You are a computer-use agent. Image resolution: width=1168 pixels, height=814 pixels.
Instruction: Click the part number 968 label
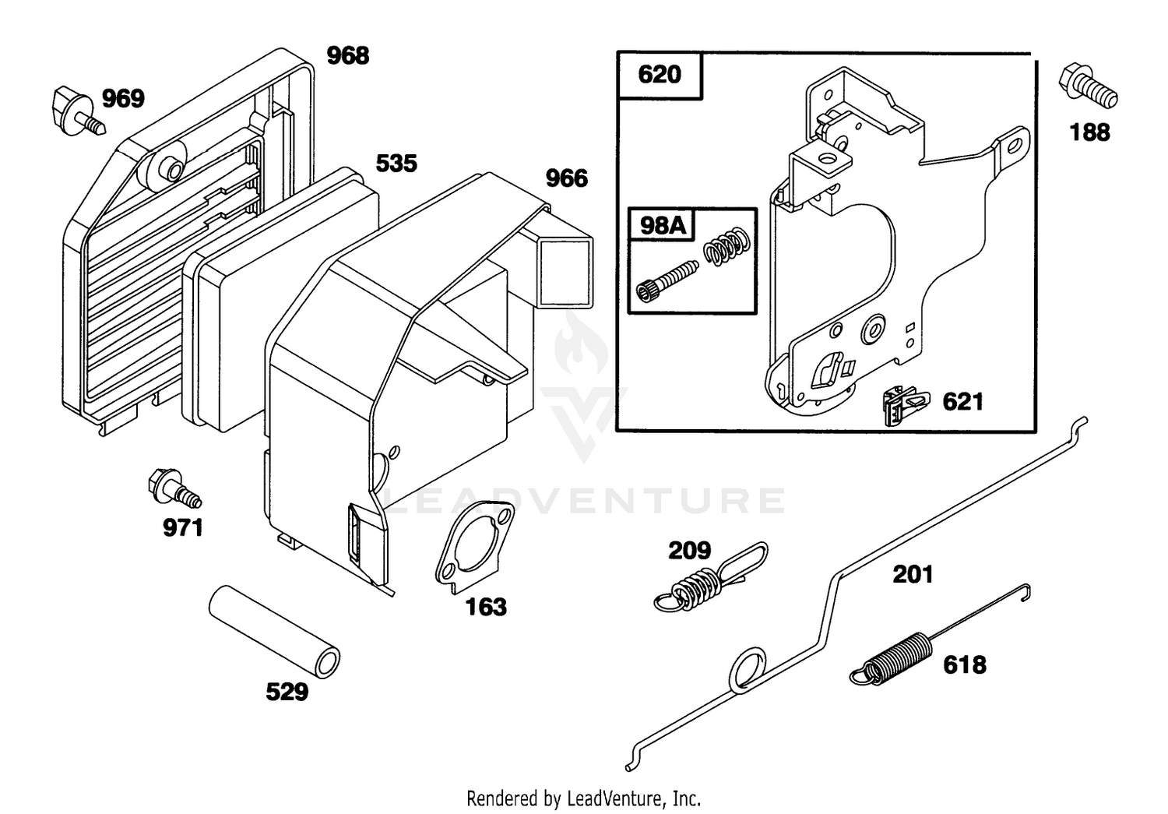click(348, 55)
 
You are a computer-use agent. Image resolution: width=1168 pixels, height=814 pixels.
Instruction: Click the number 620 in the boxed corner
click(660, 75)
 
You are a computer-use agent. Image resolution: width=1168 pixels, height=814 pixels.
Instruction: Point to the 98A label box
click(662, 225)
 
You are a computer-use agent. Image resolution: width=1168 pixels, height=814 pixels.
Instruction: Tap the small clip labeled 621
click(905, 404)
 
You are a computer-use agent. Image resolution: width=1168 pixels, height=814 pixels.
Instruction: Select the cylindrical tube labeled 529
click(274, 633)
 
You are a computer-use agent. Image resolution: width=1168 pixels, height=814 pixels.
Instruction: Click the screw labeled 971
click(174, 488)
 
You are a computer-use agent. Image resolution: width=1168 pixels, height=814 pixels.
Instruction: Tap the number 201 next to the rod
click(913, 574)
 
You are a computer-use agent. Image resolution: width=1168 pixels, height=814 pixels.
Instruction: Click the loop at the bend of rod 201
click(748, 671)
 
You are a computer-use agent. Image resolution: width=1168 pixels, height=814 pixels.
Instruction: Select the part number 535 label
click(396, 164)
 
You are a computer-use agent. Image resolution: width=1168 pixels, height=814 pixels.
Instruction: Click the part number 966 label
click(567, 178)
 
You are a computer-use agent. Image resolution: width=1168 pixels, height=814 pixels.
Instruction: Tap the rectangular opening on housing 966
click(566, 272)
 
